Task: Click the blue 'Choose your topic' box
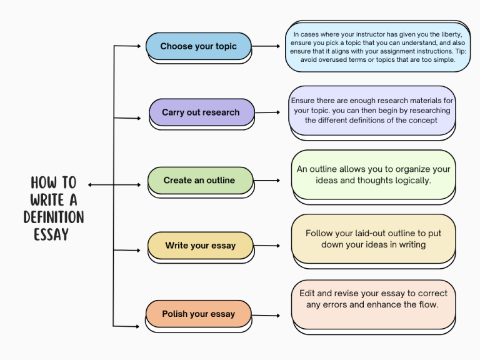point(198,46)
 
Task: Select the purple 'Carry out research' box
point(201,112)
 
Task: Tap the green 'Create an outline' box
point(200,180)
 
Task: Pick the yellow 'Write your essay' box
point(201,246)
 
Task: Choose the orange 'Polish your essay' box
point(199,314)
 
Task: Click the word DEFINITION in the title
point(54,217)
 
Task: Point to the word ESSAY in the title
point(51,235)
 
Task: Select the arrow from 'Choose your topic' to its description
point(267,46)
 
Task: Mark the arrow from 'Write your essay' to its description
point(270,246)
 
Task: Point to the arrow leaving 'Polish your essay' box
point(269,314)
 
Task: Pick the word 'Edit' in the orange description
point(307,293)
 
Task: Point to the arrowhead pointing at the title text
point(91,185)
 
